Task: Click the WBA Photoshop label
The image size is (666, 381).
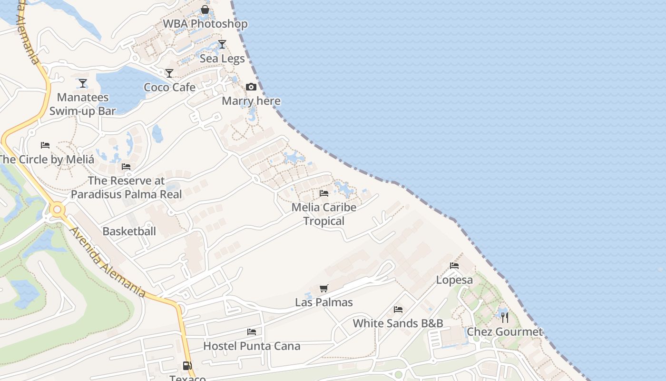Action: tap(205, 24)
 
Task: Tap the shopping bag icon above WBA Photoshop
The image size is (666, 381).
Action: tap(205, 10)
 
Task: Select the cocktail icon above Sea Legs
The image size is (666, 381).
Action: tap(222, 44)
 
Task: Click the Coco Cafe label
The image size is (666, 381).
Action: tap(170, 87)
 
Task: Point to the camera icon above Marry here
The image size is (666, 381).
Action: tap(251, 87)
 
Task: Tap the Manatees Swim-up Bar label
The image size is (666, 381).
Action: tap(83, 104)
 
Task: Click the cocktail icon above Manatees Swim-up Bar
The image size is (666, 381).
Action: tap(83, 83)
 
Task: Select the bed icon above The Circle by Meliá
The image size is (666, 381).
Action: tap(45, 145)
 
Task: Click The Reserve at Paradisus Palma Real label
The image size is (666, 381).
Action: tap(126, 187)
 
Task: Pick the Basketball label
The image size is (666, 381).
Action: tap(129, 231)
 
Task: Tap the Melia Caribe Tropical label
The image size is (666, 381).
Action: tap(324, 214)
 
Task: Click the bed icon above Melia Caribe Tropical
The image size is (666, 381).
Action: tap(324, 193)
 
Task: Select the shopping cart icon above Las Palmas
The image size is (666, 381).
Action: tap(324, 288)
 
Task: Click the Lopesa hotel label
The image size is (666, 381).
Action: tap(454, 280)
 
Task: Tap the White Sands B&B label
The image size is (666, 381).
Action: tap(398, 323)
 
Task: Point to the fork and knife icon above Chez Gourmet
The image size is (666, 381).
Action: tap(505, 317)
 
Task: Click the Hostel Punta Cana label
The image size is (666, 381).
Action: tap(252, 346)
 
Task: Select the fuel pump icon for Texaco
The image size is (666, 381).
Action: tap(187, 366)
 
